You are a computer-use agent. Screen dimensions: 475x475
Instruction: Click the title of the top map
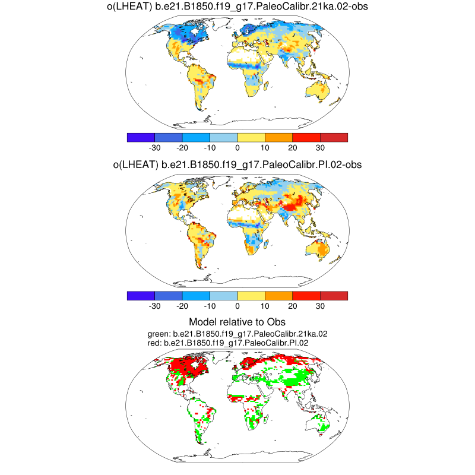(237, 7)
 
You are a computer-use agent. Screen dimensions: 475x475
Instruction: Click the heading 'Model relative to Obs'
(237, 322)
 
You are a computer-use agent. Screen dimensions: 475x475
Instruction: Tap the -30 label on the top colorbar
(154, 148)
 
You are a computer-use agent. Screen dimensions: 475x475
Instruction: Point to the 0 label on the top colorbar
(237, 148)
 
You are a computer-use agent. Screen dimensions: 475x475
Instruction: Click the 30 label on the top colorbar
(320, 148)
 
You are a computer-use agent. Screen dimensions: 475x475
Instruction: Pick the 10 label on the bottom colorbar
(265, 306)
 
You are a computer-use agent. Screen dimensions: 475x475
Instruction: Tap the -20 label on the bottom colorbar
(182, 306)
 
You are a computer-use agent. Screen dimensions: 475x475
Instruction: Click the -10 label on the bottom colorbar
(209, 306)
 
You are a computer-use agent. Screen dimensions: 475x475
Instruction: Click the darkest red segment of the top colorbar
(334, 138)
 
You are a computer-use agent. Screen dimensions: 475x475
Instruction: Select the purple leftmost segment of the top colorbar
(141, 138)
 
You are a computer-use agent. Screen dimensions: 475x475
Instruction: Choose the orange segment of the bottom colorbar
(278, 296)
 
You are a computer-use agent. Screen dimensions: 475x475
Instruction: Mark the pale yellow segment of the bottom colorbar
(251, 296)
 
